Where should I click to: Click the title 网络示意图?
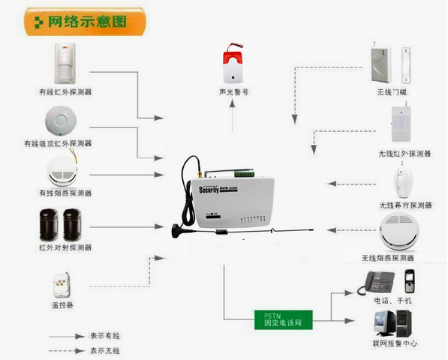pyautogui.click(x=86, y=21)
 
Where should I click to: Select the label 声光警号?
pyautogui.click(x=233, y=92)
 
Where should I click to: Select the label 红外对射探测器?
pyautogui.click(x=65, y=247)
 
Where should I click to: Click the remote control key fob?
pyautogui.click(x=60, y=286)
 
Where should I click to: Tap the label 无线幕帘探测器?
pyautogui.click(x=405, y=205)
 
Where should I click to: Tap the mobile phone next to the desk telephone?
pyautogui.click(x=409, y=282)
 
